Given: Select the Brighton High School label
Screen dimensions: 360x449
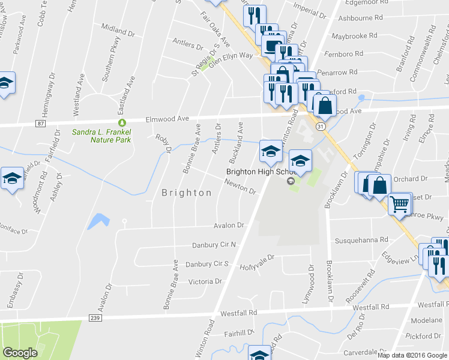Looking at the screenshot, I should pos(256,171).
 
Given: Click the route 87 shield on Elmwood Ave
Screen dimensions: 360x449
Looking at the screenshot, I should pos(40,124).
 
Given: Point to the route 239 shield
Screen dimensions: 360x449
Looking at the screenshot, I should pos(94,317).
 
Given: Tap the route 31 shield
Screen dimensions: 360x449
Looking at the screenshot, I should pos(321,127).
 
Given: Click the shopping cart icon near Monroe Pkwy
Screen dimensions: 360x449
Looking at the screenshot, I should pos(399,204).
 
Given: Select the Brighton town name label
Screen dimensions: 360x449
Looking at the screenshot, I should pos(187,193).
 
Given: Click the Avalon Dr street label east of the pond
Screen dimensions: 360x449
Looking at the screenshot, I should pos(229,226).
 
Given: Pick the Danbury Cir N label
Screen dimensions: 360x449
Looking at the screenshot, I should pos(214,245).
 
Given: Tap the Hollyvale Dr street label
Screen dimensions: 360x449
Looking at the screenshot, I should pos(257,261).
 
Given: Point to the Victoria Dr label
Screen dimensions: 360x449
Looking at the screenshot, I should pos(205,281).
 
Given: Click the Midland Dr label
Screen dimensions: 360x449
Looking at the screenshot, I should pos(118,28).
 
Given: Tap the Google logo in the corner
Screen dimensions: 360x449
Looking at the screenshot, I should pos(20,353).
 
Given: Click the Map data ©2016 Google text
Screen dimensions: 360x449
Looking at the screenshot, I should pos(412,355).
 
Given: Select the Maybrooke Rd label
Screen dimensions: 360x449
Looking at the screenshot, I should pos(357,37).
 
